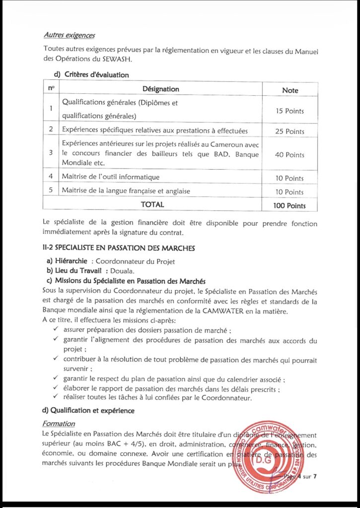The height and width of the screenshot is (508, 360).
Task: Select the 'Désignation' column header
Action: (160, 89)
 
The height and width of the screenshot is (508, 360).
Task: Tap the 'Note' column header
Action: (290, 90)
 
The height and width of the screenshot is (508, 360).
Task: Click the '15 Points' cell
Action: (289, 111)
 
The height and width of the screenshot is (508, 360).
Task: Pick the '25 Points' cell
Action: (289, 131)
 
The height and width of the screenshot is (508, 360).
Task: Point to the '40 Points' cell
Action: (289, 155)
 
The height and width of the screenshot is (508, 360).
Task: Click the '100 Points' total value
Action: (289, 205)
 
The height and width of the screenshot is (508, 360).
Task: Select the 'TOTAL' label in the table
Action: (152, 204)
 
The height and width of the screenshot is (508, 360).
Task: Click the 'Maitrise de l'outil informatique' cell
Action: (110, 177)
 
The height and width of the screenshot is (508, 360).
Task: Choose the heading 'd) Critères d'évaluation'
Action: (87, 75)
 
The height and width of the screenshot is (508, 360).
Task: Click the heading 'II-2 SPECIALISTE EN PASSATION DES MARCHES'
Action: (119, 248)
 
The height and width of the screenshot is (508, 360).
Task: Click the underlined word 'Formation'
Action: (59, 424)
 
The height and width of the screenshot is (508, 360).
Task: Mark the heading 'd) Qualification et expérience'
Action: (89, 411)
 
